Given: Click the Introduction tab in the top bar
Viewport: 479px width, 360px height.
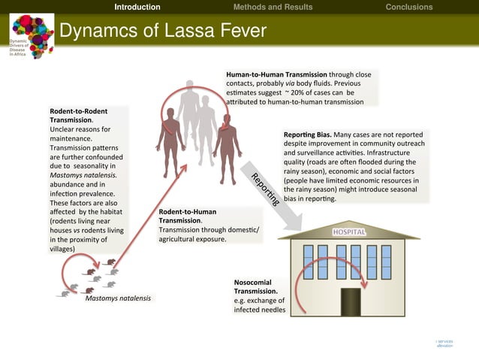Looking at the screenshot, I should coord(137,8).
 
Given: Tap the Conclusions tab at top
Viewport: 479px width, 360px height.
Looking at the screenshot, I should coord(408,8).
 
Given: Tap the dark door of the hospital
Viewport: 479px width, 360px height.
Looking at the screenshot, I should coord(351,301).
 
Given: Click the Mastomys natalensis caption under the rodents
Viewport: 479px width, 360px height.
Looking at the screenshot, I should coord(118,298).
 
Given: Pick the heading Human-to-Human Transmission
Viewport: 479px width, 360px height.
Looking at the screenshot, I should coord(276,75).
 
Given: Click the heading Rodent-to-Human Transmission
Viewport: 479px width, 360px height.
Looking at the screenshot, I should coord(188,216).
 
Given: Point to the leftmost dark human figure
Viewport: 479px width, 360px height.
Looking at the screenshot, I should coord(170,140).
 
